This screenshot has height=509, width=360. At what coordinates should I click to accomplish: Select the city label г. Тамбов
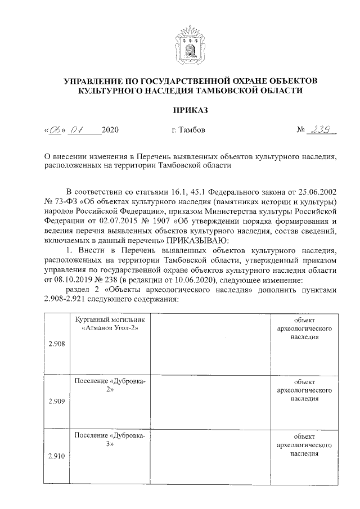[188, 130]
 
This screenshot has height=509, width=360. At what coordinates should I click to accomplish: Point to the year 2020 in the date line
[110, 130]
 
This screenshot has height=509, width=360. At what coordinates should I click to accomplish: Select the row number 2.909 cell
[56, 401]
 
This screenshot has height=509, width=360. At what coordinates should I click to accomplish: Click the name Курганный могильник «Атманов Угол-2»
[109, 323]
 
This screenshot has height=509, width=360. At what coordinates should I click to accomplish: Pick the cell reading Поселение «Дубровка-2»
[109, 386]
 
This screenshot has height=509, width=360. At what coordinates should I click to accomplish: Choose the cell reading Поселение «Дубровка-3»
[109, 440]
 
